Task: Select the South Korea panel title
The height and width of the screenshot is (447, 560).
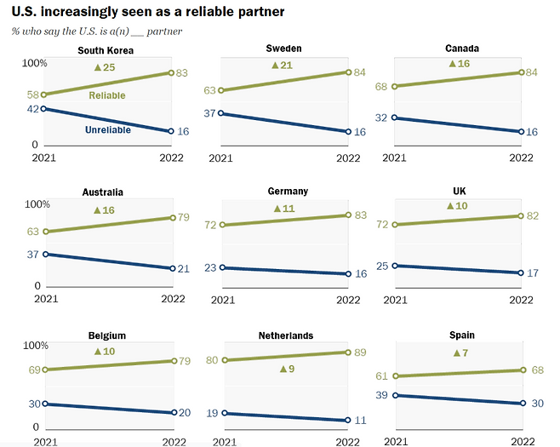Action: [x=106, y=49]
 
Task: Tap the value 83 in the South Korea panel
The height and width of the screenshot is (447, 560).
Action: [x=182, y=73]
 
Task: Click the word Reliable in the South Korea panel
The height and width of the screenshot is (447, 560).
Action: [x=107, y=95]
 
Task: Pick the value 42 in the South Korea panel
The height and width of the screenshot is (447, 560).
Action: [x=33, y=109]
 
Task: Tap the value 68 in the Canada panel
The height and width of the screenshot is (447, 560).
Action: [x=380, y=86]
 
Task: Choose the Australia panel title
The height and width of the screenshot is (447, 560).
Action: [x=106, y=192]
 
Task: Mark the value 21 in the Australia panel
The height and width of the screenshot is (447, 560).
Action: [x=182, y=268]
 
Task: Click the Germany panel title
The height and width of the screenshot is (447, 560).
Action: [x=286, y=192]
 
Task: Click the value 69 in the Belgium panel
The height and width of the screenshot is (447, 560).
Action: [x=33, y=370]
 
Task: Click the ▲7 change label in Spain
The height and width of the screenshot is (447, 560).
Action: [x=460, y=352]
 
